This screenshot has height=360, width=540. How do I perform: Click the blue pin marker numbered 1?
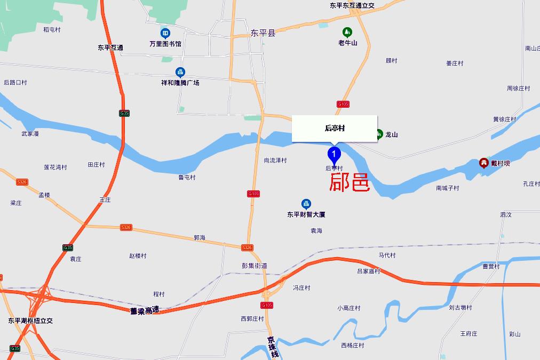click(x=334, y=155)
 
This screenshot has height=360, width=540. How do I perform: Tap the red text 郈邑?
click(x=350, y=182)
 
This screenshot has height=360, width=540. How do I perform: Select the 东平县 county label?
click(x=263, y=33)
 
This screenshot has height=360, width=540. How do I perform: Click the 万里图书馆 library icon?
click(x=165, y=33)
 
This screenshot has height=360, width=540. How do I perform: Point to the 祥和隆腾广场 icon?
click(x=180, y=73)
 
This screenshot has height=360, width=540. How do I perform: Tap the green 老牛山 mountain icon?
click(x=347, y=33)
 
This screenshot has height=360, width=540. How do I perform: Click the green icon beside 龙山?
click(x=379, y=134)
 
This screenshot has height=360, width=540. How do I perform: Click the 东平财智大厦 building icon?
click(x=306, y=204)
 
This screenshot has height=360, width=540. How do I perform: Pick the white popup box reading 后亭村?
click(x=335, y=129)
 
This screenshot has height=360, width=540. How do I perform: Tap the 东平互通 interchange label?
click(x=110, y=47)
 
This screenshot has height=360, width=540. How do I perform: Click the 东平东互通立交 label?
click(x=352, y=6)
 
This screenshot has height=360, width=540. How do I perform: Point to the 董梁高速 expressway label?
click(x=145, y=310)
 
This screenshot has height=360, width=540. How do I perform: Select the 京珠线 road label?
click(x=273, y=347)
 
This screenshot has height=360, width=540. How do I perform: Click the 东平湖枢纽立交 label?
click(x=30, y=321)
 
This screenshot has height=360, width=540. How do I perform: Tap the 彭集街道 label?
click(x=255, y=266)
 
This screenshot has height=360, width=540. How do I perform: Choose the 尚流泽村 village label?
click(x=275, y=160)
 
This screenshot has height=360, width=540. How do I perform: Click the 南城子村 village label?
click(x=447, y=188)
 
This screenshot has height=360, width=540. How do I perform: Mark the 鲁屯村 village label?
click(x=187, y=177)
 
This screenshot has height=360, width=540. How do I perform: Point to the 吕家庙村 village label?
click(x=369, y=271)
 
